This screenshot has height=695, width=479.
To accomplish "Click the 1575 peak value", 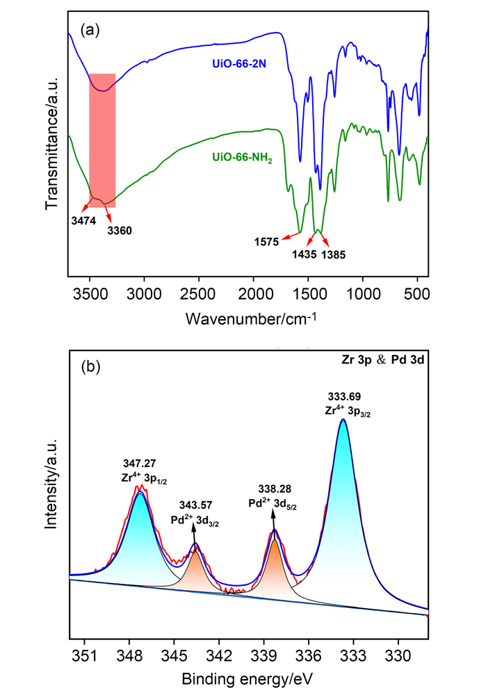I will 266,241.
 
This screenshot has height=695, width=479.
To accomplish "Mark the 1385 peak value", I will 333,254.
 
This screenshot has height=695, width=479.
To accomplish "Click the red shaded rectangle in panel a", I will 102,139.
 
